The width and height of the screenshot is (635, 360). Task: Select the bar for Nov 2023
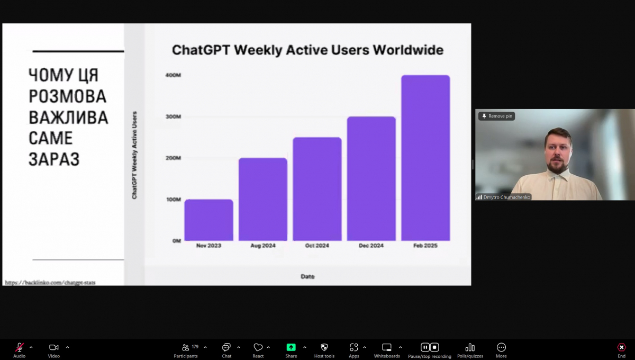(x=208, y=220)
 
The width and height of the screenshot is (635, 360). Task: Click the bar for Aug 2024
(x=263, y=199)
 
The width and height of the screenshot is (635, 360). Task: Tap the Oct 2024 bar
(x=317, y=189)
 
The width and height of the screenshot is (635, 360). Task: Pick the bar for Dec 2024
(x=371, y=178)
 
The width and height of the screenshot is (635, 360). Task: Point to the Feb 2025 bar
(x=425, y=158)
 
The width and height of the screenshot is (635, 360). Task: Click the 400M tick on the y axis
(x=173, y=75)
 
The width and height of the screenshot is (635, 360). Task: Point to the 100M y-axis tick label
(x=174, y=200)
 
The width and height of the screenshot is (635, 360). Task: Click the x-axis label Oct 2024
(x=317, y=246)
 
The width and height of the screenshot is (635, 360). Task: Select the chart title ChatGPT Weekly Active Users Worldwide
(x=307, y=50)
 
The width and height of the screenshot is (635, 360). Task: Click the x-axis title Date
(x=307, y=276)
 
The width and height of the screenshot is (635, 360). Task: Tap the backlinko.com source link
(x=50, y=283)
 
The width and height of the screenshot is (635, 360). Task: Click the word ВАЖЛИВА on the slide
(x=68, y=118)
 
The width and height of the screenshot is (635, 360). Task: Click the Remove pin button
(x=496, y=116)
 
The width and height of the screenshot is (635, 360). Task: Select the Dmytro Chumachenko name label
(x=506, y=197)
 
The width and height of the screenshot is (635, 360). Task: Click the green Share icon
(x=291, y=347)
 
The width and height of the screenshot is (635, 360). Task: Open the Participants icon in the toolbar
(x=185, y=347)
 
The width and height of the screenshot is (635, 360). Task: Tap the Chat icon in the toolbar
(x=226, y=347)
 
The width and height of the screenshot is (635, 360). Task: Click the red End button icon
(x=621, y=347)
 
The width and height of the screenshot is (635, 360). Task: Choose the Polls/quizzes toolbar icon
(x=470, y=347)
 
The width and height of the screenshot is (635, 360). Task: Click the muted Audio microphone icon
(x=19, y=347)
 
